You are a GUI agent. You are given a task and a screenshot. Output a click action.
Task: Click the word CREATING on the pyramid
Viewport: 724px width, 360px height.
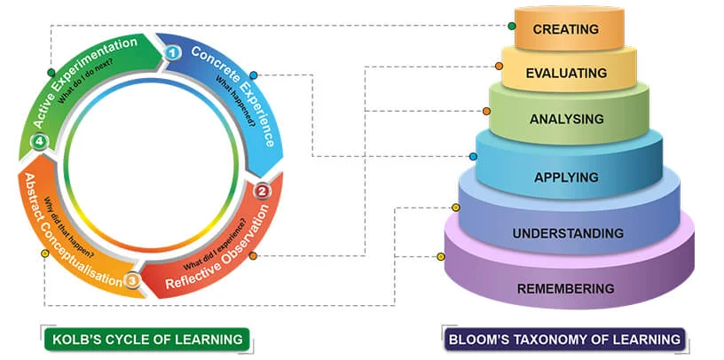pyautogui.click(x=565, y=29)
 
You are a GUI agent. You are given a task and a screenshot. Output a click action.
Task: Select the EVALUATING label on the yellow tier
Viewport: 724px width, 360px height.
pyautogui.click(x=566, y=73)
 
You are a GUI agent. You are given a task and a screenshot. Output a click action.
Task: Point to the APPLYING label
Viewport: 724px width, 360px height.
pyautogui.click(x=566, y=176)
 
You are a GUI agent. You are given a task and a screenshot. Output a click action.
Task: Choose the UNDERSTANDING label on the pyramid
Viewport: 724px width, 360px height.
pyautogui.click(x=568, y=233)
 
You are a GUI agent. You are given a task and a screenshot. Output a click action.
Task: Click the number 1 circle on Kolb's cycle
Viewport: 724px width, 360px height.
pyautogui.click(x=174, y=53)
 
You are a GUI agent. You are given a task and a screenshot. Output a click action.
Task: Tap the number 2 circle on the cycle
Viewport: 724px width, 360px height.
pyautogui.click(x=262, y=191)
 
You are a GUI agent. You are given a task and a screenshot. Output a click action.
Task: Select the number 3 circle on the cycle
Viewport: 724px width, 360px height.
pyautogui.click(x=131, y=281)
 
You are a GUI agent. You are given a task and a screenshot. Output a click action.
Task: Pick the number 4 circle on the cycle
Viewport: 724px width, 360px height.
pyautogui.click(x=38, y=142)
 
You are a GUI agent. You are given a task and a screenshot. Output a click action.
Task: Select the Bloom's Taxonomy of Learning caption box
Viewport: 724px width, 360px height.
pyautogui.click(x=564, y=339)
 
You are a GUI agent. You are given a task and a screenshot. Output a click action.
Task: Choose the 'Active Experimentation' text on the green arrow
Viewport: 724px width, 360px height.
pyautogui.click(x=84, y=82)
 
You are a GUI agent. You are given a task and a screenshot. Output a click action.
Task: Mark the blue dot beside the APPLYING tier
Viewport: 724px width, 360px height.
pyautogui.click(x=473, y=156)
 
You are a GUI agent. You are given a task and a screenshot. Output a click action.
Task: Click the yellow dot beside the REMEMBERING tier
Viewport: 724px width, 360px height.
pyautogui.click(x=440, y=257)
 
